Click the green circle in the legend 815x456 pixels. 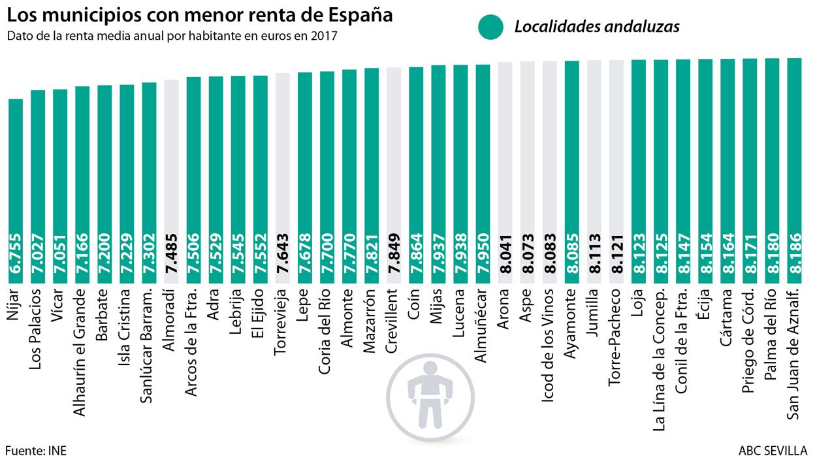coord(490,26)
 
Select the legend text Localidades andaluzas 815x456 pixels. coord(597,27)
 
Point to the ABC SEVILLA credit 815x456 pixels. coord(773,450)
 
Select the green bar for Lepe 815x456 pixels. coord(305,176)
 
